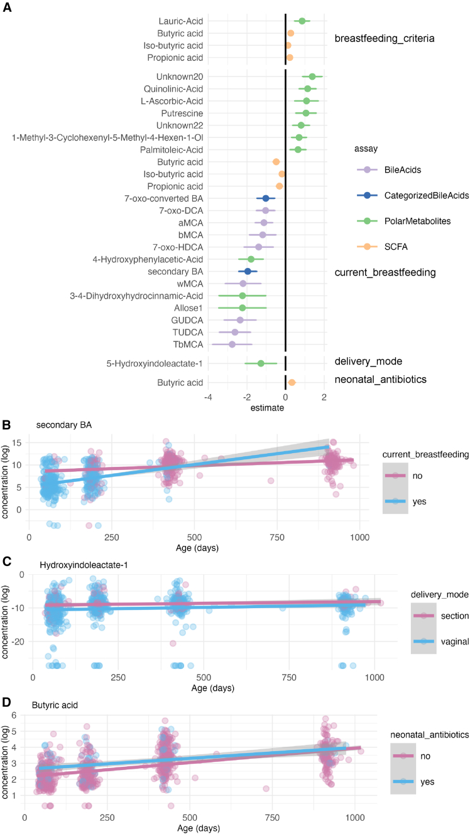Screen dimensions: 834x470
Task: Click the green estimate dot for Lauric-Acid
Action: [302, 21]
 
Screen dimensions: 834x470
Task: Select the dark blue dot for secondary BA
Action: [248, 271]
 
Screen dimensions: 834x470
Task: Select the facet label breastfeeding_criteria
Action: [385, 39]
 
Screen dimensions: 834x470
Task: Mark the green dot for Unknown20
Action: [312, 76]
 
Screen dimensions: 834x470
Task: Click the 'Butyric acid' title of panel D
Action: [55, 722]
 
